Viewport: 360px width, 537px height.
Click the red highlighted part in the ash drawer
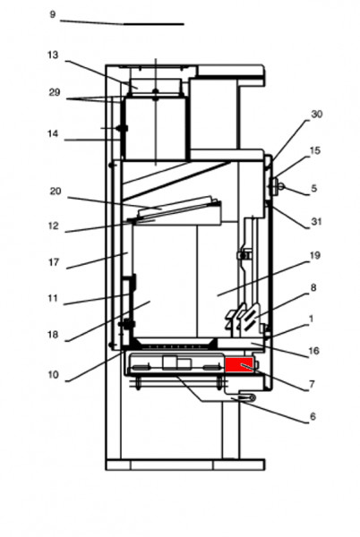(x=240, y=364)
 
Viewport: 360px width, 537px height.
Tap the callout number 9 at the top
(x=52, y=14)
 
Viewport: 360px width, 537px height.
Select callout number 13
(x=53, y=55)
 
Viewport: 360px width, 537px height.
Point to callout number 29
(x=54, y=93)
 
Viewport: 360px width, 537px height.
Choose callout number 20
(x=55, y=191)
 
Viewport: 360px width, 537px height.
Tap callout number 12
(x=53, y=226)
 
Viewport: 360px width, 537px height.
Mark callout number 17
(x=53, y=263)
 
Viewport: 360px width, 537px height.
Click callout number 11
(x=53, y=298)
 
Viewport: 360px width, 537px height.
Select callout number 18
(x=53, y=335)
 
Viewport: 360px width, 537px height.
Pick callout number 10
(x=54, y=375)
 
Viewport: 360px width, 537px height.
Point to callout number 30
(x=316, y=115)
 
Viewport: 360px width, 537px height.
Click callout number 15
(x=314, y=151)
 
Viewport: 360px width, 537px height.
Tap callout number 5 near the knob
(x=313, y=189)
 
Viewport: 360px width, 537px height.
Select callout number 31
(x=316, y=222)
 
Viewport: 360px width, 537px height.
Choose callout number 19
(x=314, y=255)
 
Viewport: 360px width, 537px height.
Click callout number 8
(x=313, y=287)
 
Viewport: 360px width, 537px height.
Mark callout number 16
(x=313, y=352)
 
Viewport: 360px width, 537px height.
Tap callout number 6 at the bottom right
(x=313, y=416)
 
